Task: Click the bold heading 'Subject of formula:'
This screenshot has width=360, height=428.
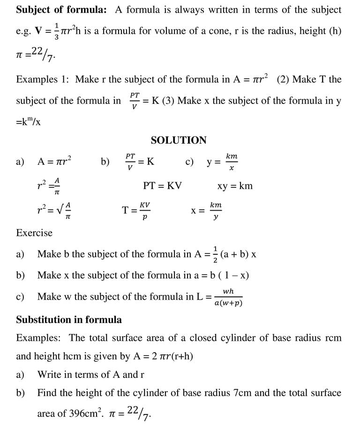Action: pyautogui.click(x=61, y=9)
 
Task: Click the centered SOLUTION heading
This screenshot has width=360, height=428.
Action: pyautogui.click(x=179, y=140)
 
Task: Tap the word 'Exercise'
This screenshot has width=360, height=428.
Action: pyautogui.click(x=34, y=233)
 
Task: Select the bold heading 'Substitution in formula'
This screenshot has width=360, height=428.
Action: pyautogui.click(x=69, y=320)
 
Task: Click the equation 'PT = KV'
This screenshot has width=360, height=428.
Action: pyautogui.click(x=162, y=186)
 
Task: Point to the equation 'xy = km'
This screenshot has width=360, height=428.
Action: pyautogui.click(x=235, y=186)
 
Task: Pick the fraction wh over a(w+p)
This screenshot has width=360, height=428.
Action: pyautogui.click(x=228, y=297)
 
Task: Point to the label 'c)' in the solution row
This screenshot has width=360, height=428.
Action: pyautogui.click(x=190, y=162)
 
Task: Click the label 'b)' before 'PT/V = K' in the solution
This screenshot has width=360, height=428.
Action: pyautogui.click(x=105, y=162)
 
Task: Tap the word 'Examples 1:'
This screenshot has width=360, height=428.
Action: pyautogui.click(x=43, y=79)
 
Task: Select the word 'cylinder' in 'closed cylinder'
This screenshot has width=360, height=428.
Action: pyautogui.click(x=254, y=338)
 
